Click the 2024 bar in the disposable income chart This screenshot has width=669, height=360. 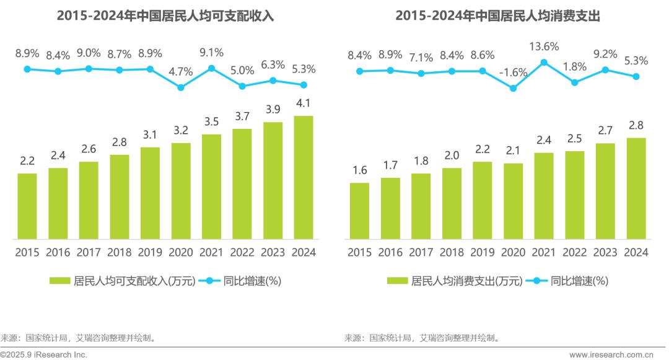tap(304, 177)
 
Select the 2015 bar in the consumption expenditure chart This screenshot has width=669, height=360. tap(359, 211)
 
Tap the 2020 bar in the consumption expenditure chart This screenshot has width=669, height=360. tap(513, 201)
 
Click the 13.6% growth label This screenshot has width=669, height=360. tap(544, 46)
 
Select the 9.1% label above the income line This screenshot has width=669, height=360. tap(211, 53)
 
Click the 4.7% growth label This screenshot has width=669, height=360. tap(181, 72)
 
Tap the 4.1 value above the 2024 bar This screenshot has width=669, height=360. tap(304, 103)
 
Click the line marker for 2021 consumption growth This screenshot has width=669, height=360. tap(544, 62)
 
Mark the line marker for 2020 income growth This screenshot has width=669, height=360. tap(181, 87)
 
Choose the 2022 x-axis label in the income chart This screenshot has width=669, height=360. tap(242, 252)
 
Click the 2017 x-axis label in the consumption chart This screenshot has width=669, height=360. tap(421, 252)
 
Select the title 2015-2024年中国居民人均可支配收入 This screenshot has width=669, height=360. tap(165, 16)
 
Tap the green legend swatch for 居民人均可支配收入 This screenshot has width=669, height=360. tap(60, 281)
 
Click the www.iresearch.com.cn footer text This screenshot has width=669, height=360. tap(611, 355)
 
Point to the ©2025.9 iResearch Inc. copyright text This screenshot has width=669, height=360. tap(45, 355)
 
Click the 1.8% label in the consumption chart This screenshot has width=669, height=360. tap(575, 67)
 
